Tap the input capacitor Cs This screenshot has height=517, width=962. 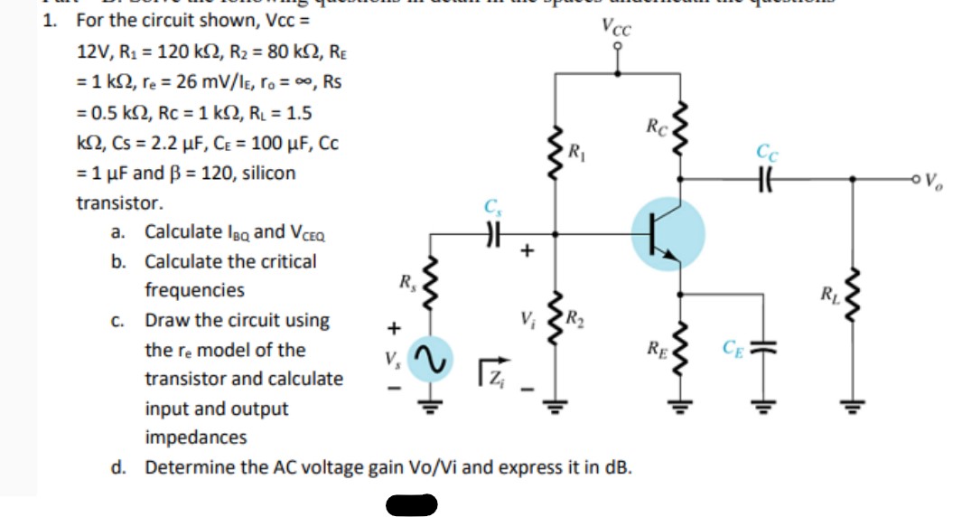pyautogui.click(x=492, y=233)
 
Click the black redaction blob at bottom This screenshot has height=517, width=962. pyautogui.click(x=411, y=503)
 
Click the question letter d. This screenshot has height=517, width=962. pyautogui.click(x=118, y=467)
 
